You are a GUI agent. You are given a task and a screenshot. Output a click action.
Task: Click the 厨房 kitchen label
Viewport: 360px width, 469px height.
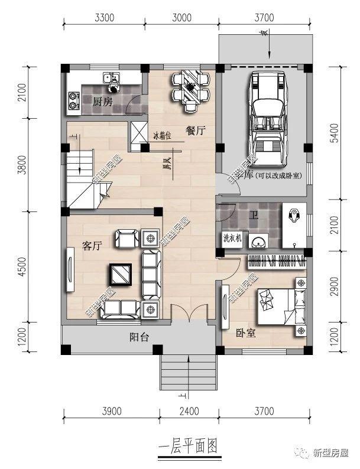pyautogui.click(x=102, y=101)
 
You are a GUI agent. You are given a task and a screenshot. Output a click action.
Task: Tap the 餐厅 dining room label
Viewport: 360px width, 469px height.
pyautogui.click(x=195, y=131)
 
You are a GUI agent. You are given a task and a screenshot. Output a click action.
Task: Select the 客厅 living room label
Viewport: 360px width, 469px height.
pyautogui.click(x=92, y=246)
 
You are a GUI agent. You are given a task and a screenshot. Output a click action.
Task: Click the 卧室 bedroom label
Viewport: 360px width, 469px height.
pyautogui.click(x=245, y=333)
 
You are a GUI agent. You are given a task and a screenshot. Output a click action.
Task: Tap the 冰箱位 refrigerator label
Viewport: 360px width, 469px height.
pyautogui.click(x=162, y=135)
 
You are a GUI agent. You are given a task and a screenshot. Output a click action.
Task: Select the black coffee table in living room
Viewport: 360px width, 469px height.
pyautogui.click(x=121, y=273)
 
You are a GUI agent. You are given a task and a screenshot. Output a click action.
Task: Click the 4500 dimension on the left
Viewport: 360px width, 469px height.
pyautogui.click(x=22, y=266)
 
